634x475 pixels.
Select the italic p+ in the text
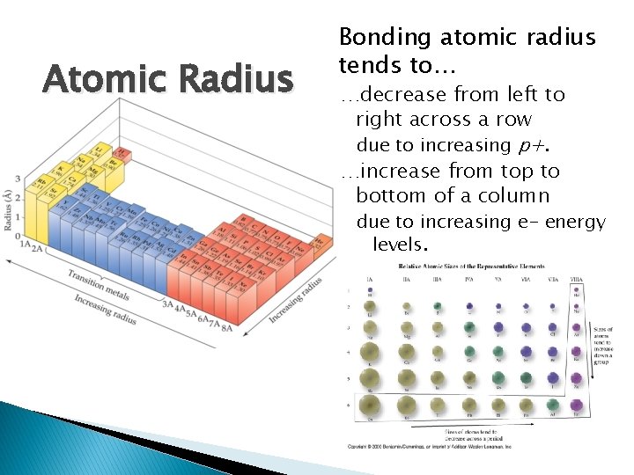(528, 144)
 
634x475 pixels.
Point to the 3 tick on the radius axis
(18, 180)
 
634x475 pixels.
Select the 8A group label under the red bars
(226, 328)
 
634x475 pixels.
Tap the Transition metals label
(100, 283)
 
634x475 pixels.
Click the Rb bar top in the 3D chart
(39, 183)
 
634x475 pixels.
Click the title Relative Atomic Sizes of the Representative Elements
(472, 266)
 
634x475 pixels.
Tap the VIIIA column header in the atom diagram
(578, 280)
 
